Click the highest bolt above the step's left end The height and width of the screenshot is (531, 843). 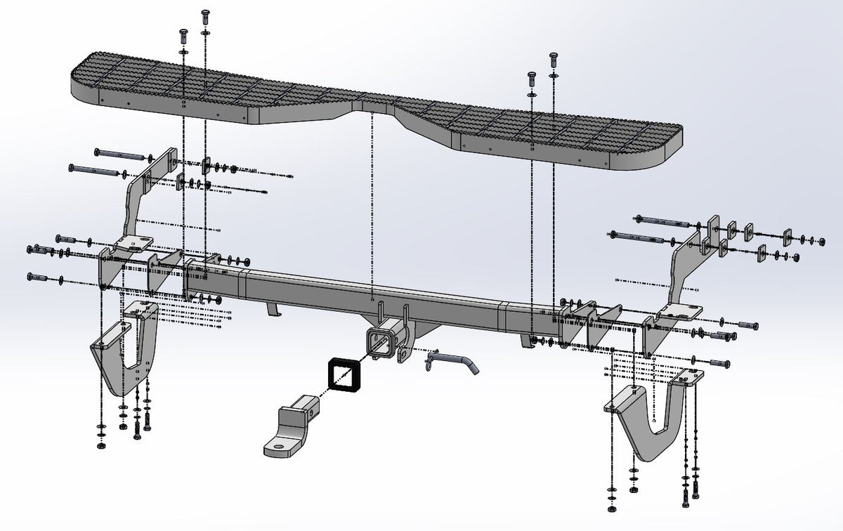[x=206, y=14]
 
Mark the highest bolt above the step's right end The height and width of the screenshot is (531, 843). [x=554, y=58]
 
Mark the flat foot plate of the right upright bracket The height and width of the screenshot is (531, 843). [x=681, y=313]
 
